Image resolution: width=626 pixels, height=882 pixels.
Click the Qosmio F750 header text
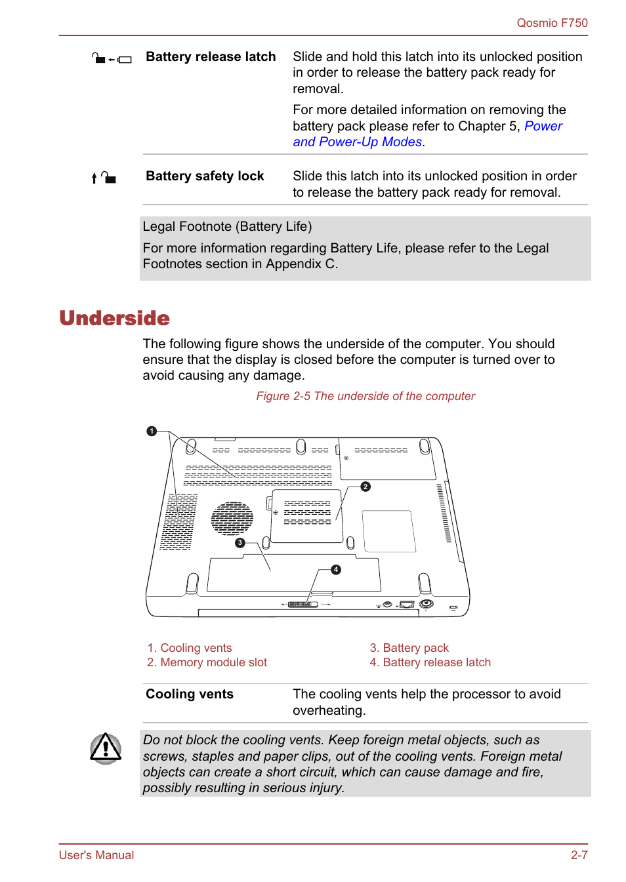click(552, 23)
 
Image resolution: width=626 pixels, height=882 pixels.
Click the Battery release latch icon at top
click(112, 59)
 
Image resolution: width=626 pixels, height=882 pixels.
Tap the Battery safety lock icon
click(104, 178)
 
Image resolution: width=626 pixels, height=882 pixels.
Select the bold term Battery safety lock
click(205, 176)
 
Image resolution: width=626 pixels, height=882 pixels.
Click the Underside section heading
click(115, 318)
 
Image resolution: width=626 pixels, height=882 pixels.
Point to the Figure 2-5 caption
click(365, 396)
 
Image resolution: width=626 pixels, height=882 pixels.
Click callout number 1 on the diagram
click(152, 431)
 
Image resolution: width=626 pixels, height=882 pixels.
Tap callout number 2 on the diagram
click(365, 487)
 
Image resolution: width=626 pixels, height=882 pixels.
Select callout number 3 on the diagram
click(240, 543)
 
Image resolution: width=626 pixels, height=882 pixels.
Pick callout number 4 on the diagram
click(336, 569)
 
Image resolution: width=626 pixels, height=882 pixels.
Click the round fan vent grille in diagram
click(232, 518)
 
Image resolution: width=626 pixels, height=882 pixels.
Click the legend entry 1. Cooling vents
click(190, 648)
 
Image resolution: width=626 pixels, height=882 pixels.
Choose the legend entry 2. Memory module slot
click(207, 662)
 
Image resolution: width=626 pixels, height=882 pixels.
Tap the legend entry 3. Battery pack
click(409, 648)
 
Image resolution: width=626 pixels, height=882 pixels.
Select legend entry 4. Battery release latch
click(430, 662)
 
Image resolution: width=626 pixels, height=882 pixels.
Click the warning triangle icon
click(106, 748)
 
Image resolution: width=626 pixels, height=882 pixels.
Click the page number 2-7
click(579, 855)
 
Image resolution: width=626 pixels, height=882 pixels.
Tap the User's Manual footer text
click(96, 855)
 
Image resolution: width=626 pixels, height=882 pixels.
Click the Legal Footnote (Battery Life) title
click(227, 227)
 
